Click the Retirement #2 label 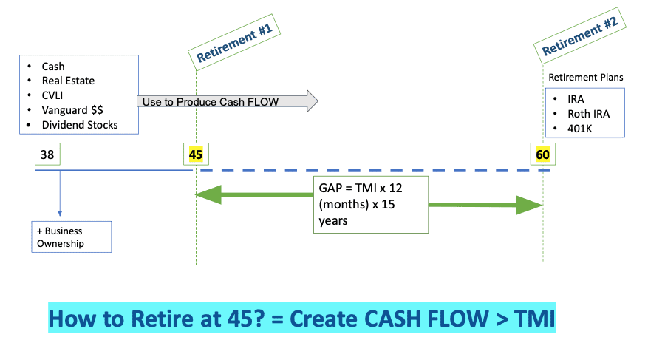pos(581,34)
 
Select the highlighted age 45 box pos(196,154)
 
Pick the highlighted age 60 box pos(543,154)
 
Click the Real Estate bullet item pos(68,81)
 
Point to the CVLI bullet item pos(55,95)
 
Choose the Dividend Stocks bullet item pos(79,125)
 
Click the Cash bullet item pos(53,67)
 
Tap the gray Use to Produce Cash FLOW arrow pos(226,101)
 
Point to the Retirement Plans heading pos(585,77)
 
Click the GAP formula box pos(370,204)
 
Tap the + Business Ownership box pos(71,237)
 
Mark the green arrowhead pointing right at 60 pos(531,205)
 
